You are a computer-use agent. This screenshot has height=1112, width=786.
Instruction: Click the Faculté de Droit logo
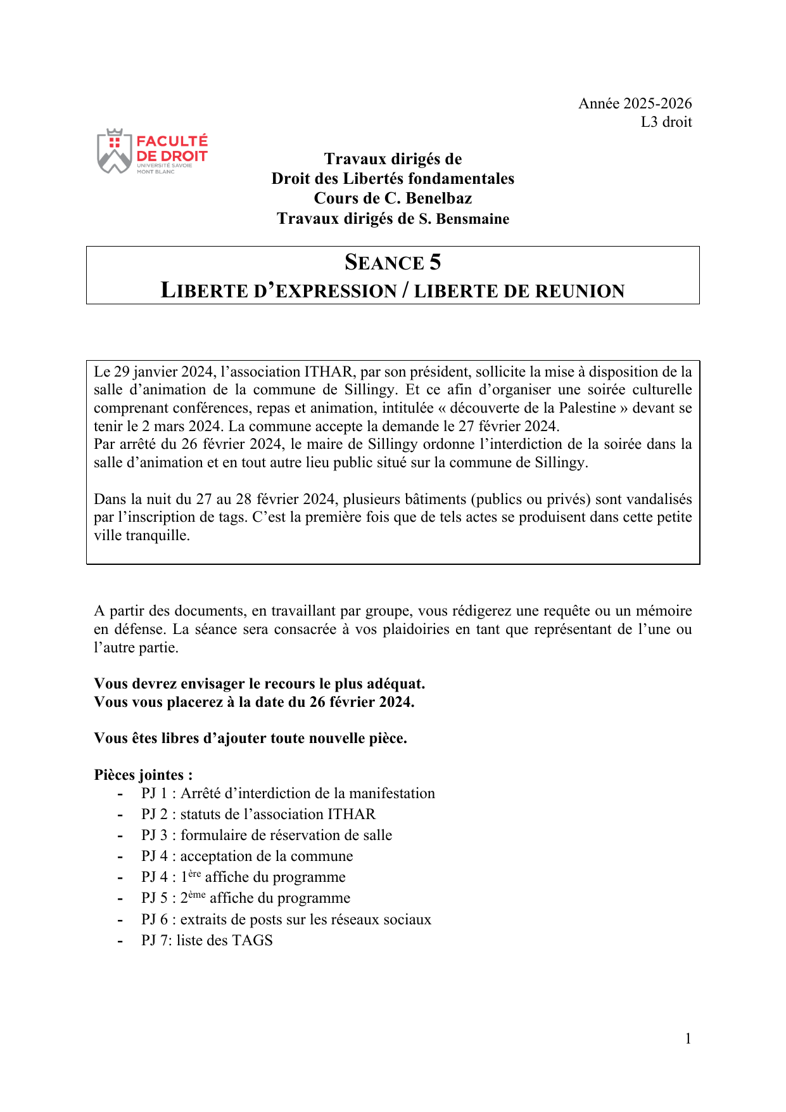(153, 152)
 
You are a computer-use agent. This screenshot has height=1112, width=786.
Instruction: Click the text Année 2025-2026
(635, 103)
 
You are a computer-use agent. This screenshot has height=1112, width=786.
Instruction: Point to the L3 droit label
(666, 122)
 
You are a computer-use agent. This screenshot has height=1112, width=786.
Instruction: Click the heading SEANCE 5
(393, 262)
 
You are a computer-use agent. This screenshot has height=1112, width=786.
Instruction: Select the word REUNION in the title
(583, 291)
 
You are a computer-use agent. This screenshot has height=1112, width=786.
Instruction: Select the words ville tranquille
(141, 535)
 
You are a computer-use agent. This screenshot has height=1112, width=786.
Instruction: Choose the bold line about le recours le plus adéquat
(259, 683)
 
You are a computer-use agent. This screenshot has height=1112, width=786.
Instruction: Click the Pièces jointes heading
(143, 775)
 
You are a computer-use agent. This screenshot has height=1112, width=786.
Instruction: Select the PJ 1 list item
(288, 793)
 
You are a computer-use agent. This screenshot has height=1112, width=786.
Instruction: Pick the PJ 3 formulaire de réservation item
(266, 835)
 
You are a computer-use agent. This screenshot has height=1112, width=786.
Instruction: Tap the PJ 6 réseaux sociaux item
(286, 919)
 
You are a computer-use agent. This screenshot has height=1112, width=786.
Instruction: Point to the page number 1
(688, 1038)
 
